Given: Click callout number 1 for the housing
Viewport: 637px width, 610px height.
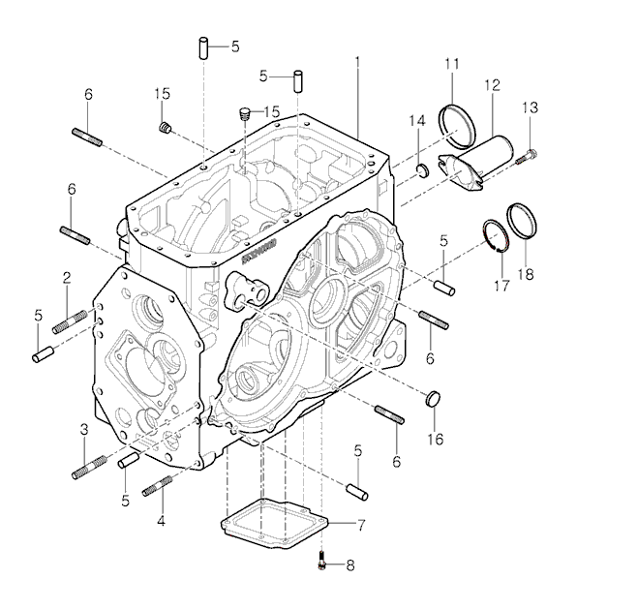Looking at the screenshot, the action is (357, 62).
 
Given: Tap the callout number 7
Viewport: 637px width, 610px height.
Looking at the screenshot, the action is (361, 525).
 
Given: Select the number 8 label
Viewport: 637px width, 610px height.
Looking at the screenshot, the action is (350, 565).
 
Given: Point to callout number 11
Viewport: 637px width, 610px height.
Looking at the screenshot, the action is (452, 64).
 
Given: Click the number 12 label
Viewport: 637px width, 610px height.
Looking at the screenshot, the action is (492, 85).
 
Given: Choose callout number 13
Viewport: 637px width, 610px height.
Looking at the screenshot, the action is (530, 107).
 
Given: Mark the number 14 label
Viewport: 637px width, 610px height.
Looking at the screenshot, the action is (417, 121).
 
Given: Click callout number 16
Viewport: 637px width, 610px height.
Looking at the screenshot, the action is (435, 439).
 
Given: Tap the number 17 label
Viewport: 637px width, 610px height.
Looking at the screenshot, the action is (501, 286).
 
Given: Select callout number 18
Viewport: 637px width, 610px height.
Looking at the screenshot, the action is (526, 274).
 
